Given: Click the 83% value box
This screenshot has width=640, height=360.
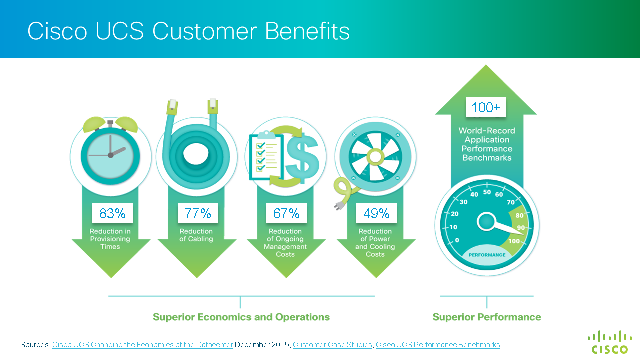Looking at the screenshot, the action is [x=112, y=213].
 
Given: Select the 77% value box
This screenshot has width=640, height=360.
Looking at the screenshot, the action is [x=198, y=213].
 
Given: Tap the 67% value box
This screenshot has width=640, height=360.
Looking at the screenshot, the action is [x=286, y=213].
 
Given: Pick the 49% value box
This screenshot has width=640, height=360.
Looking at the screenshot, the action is [x=377, y=213].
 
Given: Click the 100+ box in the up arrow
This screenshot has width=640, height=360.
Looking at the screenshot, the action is [x=486, y=107].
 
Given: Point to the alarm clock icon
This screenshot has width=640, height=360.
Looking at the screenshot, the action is [x=110, y=151].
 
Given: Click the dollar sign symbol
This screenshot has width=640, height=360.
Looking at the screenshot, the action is [x=302, y=160].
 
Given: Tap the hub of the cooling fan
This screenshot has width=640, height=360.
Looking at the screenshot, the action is [x=375, y=156].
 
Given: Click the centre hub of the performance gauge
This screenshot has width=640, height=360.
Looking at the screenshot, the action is [x=486, y=222].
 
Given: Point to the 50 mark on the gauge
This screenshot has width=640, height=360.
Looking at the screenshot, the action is [x=487, y=192].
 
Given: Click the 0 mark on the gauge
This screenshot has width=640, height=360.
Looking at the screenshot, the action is [x=457, y=240].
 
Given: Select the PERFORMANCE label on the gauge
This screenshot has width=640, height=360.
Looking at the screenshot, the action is [x=487, y=255].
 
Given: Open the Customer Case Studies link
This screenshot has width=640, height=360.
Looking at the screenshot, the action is [x=332, y=345].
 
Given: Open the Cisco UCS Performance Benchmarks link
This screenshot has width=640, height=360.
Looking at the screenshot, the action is [x=438, y=345].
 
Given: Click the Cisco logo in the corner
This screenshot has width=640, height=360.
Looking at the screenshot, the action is [x=609, y=342].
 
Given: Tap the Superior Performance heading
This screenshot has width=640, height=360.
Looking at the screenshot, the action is [x=487, y=317].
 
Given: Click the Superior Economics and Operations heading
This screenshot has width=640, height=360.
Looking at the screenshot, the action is [x=241, y=317].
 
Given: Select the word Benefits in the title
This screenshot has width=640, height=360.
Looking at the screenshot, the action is [x=307, y=31].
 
